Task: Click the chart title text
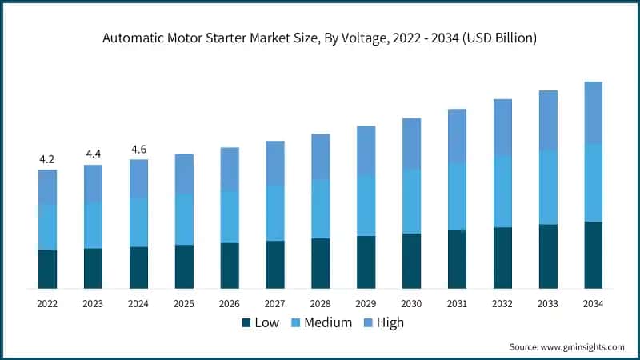coord(320,38)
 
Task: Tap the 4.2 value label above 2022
coord(47,159)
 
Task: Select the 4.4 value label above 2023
coord(93,154)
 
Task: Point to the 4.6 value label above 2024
coord(138,149)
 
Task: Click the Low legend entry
coord(260,322)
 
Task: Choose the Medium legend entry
coord(317,322)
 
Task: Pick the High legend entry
coord(383,322)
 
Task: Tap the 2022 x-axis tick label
coord(47,303)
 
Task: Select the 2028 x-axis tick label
coord(321,303)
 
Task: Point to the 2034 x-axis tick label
coord(593,303)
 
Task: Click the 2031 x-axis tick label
coord(457,303)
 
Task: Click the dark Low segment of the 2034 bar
coord(593,255)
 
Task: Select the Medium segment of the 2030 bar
coord(411,202)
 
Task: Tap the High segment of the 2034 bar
coord(593,113)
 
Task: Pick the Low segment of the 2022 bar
coord(47,269)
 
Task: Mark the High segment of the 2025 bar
coord(184,174)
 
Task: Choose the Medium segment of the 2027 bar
coord(275,213)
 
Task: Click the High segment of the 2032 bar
coord(502,128)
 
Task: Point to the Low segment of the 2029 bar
coord(366,262)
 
